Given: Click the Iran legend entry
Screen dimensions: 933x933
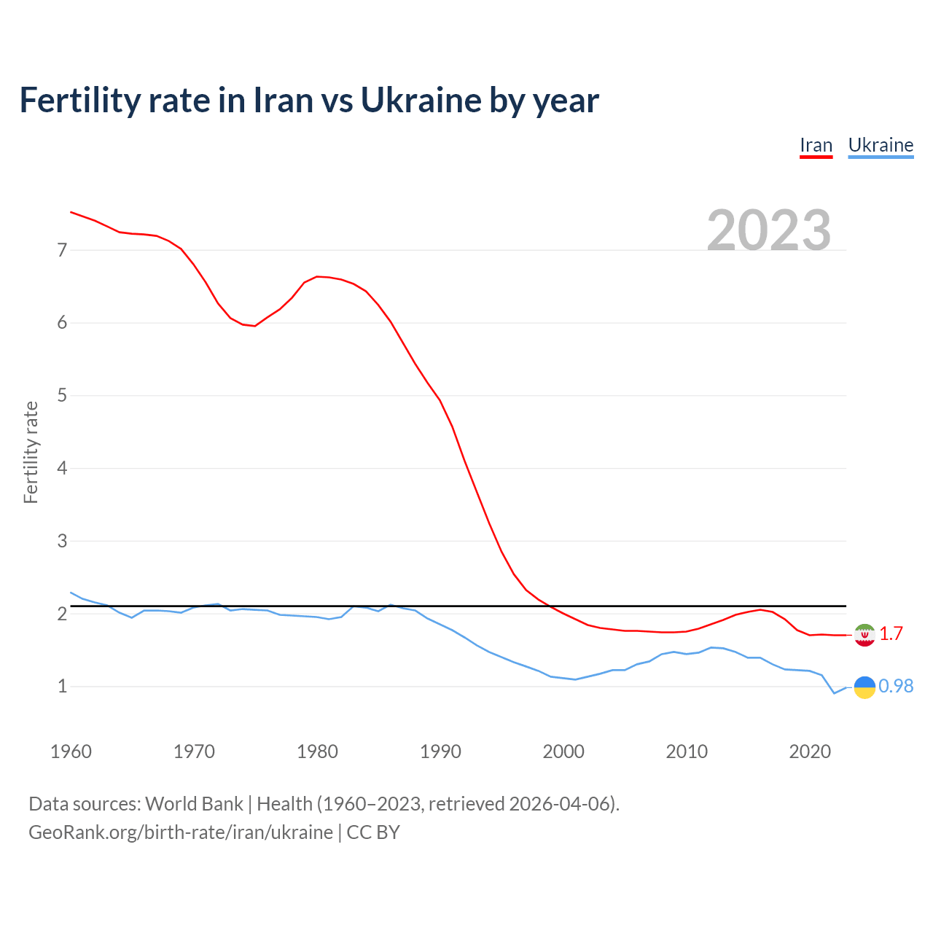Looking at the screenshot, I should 816,145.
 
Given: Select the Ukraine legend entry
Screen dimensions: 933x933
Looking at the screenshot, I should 881,145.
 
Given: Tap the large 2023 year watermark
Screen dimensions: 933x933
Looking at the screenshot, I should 769,230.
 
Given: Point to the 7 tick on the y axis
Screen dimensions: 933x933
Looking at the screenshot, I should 62,250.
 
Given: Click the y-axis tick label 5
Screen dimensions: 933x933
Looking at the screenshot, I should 62,396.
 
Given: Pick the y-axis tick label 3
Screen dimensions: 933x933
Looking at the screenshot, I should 62,541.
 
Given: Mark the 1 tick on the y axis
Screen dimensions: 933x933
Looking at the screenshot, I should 62,686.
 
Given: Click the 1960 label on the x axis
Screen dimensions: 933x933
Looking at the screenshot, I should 71,752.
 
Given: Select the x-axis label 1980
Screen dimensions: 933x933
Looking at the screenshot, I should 317,752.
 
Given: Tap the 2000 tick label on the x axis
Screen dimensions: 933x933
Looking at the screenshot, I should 563,752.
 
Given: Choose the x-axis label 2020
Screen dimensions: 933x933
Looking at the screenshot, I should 810,752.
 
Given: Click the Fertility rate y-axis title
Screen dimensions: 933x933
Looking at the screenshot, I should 31,452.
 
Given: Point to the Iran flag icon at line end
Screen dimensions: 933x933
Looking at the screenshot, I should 864,635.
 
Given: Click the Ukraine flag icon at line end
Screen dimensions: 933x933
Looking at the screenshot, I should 864,687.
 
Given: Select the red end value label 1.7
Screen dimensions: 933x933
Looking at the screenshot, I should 891,634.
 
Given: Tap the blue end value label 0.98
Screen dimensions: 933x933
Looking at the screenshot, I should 896,687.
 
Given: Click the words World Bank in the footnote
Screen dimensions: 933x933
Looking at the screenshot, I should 194,804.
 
